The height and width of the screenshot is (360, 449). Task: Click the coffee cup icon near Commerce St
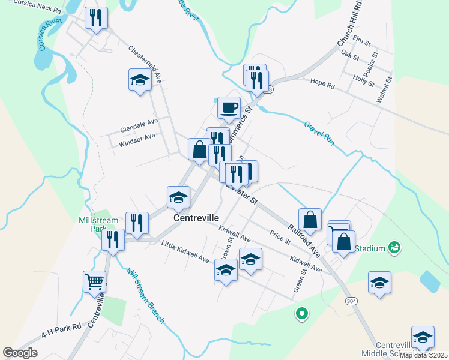pyautogui.click(x=229, y=108)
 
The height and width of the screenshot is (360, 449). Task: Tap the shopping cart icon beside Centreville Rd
pyautogui.click(x=95, y=281)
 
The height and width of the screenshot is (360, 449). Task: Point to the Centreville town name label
pyautogui.click(x=196, y=218)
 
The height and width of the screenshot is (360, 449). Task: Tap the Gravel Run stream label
pyautogui.click(x=318, y=134)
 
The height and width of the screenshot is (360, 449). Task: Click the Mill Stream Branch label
pyautogui.click(x=145, y=295)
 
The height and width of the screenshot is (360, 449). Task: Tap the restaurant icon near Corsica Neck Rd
pyautogui.click(x=96, y=18)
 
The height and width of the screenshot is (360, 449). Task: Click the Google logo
pyautogui.click(x=20, y=352)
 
